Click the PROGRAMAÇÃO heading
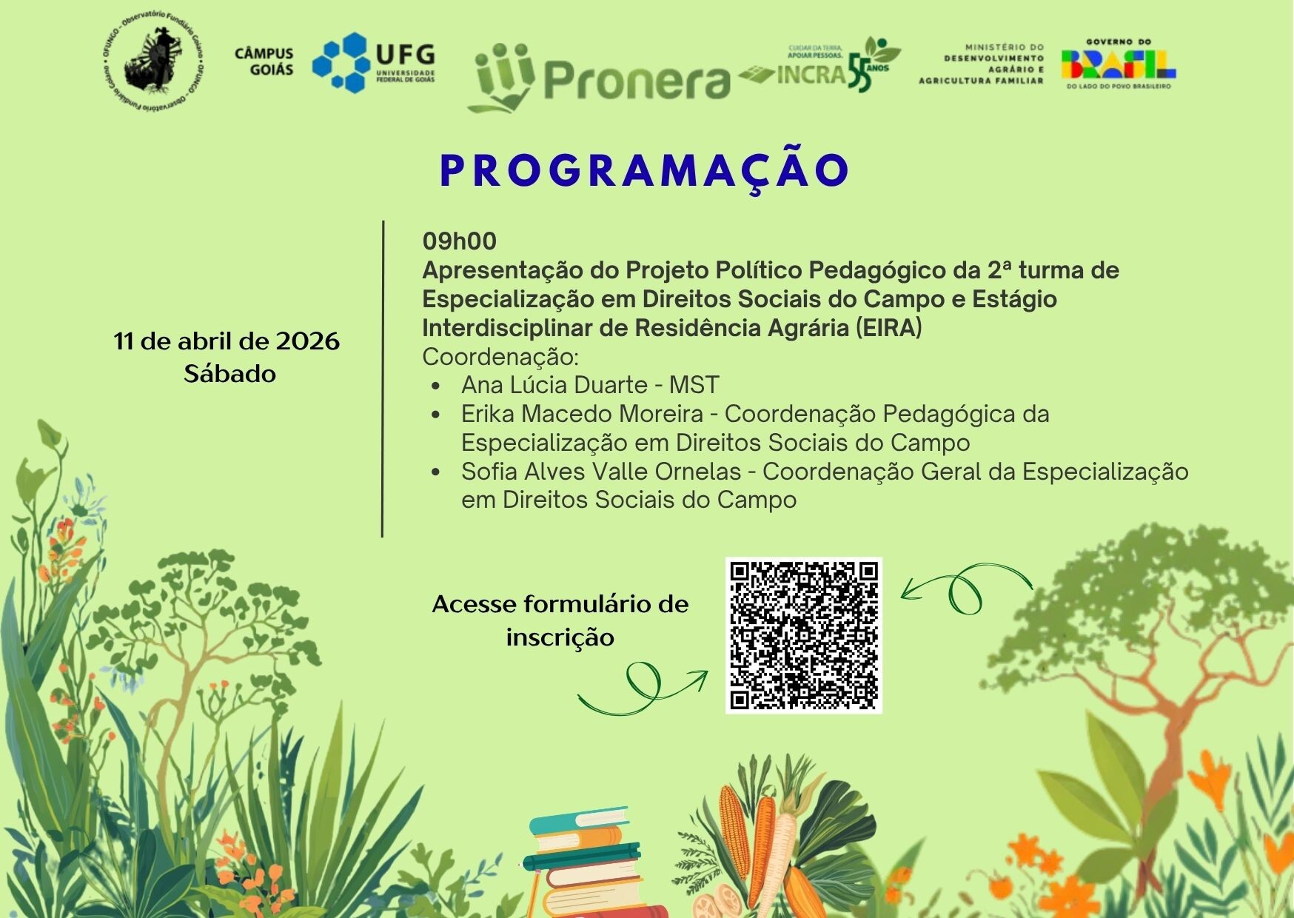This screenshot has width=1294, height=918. click(x=644, y=171)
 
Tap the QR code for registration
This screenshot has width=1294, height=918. click(x=804, y=635)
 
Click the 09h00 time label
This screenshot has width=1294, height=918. click(x=460, y=241)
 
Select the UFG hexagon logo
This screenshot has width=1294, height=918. click(x=341, y=62)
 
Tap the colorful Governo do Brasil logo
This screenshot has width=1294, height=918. click(x=1119, y=64)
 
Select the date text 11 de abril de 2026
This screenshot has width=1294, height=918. click(x=227, y=341)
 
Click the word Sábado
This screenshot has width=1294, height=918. click(x=229, y=374)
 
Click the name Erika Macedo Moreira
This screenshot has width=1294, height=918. click(x=582, y=414)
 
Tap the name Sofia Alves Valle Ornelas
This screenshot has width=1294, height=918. click(x=601, y=472)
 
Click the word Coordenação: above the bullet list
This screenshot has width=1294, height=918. click(x=500, y=357)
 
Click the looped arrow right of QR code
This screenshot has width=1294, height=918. click(x=966, y=589)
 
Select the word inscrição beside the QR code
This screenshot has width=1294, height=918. click(x=560, y=637)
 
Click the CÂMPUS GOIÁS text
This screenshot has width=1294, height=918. click(x=264, y=61)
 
